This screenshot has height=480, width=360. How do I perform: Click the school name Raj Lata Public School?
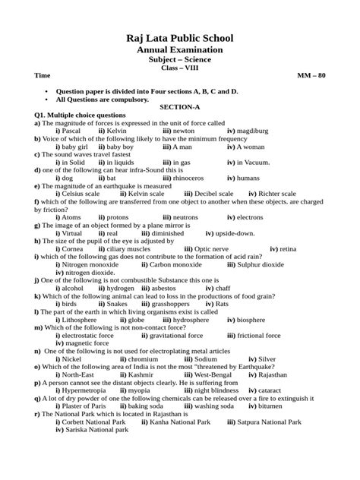pos(179,37)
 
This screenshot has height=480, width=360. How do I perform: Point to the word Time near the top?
pos(43,77)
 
